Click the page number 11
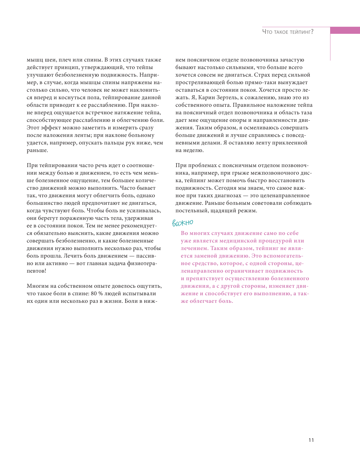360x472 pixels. (x=311, y=440)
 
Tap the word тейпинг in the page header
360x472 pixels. (x=301, y=32)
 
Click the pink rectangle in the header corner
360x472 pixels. (x=345, y=30)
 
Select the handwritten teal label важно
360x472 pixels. (x=183, y=223)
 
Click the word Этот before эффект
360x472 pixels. (x=33, y=128)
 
